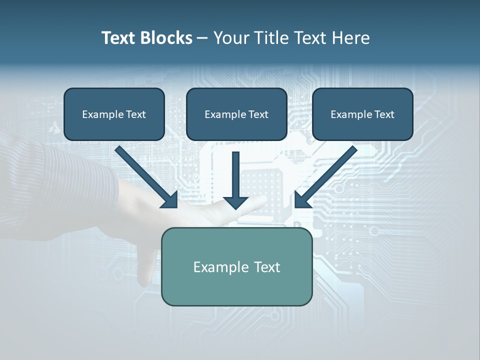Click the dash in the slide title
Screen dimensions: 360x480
[203, 38]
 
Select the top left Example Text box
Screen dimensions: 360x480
[114, 114]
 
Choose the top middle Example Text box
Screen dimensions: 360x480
[236, 114]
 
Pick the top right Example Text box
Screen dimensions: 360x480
[362, 114]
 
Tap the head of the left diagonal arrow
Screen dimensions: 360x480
[170, 200]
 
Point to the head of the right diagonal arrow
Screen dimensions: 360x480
[302, 200]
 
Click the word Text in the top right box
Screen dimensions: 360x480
[384, 114]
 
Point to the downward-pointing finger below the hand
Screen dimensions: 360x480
[148, 265]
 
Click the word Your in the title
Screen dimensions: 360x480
[230, 38]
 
